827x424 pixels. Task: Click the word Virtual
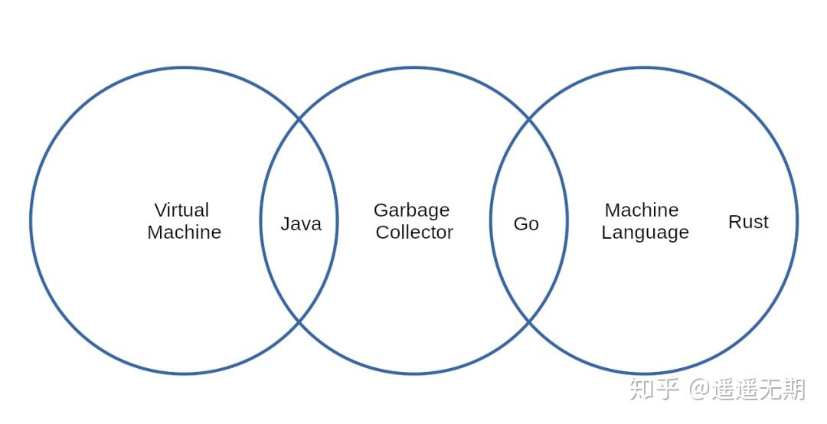181,210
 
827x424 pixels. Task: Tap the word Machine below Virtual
184,232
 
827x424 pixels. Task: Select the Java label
300,223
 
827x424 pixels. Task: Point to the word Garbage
411,210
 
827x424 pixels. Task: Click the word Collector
414,232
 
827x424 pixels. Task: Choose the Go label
526,223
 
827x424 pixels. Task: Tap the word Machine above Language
642,210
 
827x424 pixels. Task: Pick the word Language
645,232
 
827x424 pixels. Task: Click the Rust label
748,222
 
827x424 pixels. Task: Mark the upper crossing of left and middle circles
299,120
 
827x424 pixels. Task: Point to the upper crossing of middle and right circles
529,120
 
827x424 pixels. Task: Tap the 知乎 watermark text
654,389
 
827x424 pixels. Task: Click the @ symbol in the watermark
699,389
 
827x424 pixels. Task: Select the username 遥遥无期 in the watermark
758,389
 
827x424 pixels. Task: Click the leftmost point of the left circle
31,221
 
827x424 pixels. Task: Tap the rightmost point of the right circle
797,221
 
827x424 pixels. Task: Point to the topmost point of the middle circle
413,68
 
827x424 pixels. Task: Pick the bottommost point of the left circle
184,373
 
